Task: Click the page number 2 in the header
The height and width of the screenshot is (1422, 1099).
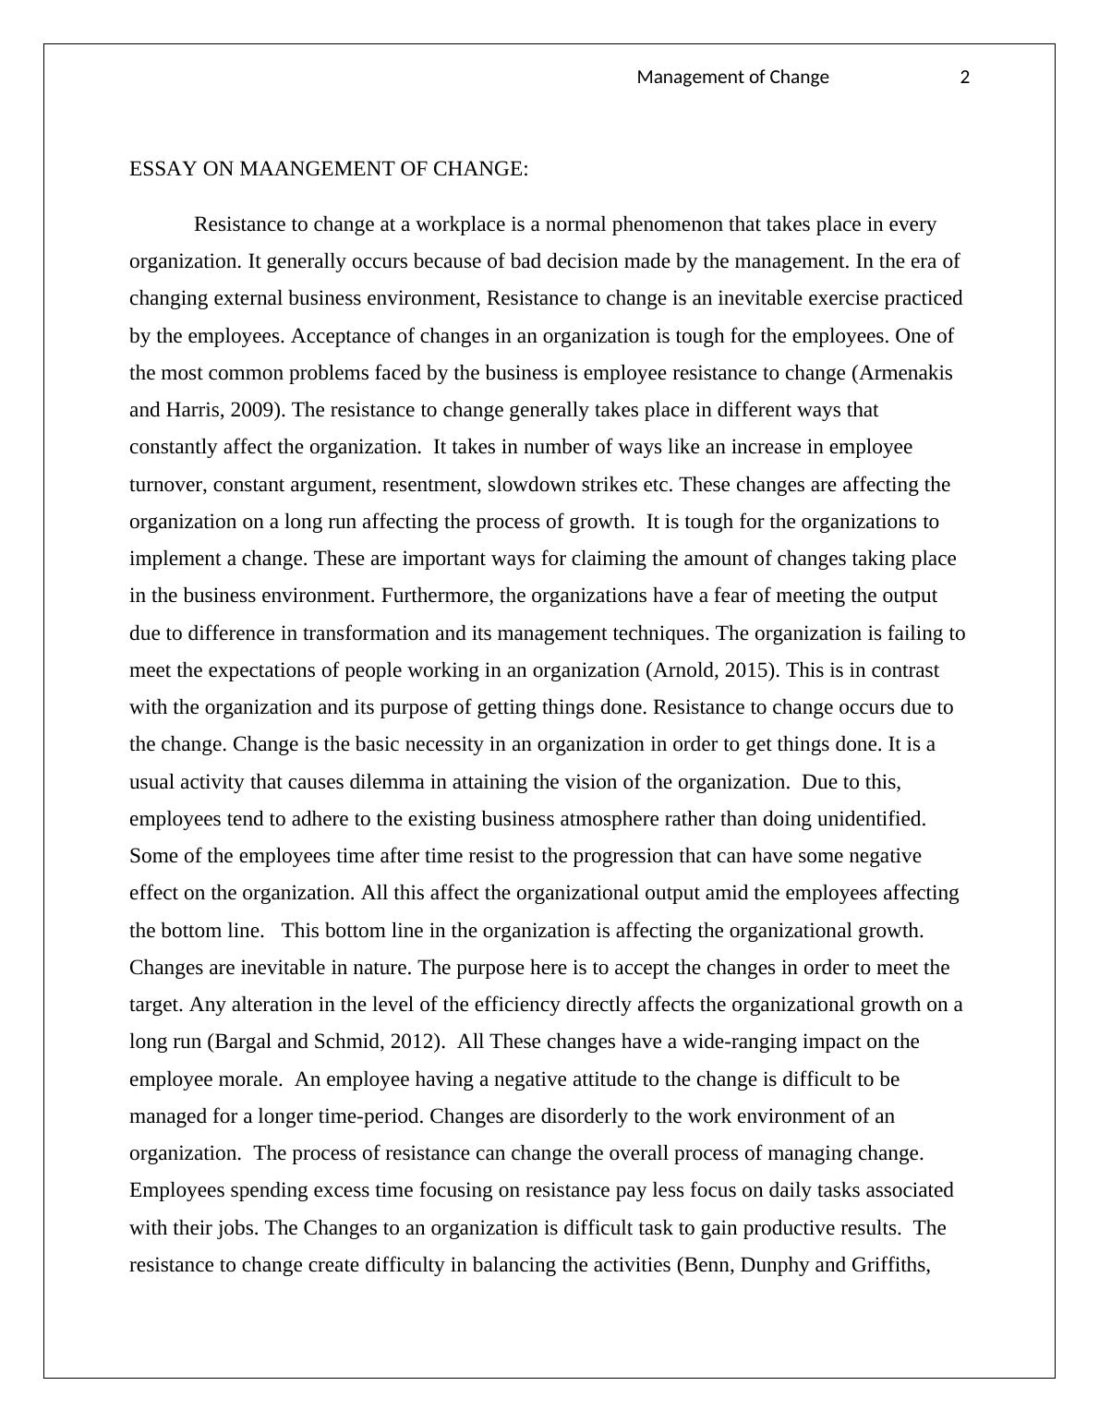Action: pyautogui.click(x=965, y=78)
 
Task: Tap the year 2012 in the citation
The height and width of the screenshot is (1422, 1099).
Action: pyautogui.click(x=411, y=1042)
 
